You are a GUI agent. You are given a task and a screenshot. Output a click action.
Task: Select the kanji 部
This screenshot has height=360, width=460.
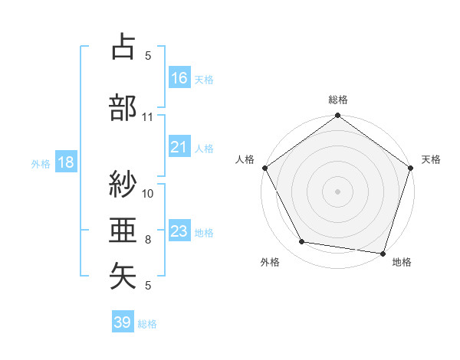pyautogui.click(x=123, y=107)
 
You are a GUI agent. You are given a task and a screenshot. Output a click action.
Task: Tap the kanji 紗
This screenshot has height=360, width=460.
pyautogui.click(x=123, y=185)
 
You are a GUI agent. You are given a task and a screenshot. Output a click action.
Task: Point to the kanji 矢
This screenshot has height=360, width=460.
pyautogui.click(x=123, y=277)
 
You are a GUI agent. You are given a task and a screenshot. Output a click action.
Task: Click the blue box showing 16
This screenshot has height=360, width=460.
pyautogui.click(x=179, y=78)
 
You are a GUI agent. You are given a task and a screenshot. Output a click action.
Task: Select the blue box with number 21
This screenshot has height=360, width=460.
pyautogui.click(x=179, y=147)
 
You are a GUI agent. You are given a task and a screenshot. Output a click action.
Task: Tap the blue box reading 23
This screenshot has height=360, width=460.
pyautogui.click(x=179, y=231)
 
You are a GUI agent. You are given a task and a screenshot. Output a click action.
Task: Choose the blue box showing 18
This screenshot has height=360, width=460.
pyautogui.click(x=65, y=162)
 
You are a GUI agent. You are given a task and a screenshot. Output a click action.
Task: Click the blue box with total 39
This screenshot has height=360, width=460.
pyautogui.click(x=123, y=322)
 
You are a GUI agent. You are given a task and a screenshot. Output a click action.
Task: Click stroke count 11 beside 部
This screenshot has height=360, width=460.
pyautogui.click(x=148, y=117)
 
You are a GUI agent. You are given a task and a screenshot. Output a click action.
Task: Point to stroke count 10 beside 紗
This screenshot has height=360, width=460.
pyautogui.click(x=148, y=193)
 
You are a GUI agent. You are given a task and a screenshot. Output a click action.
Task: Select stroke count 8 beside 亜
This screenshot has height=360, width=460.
pyautogui.click(x=148, y=240)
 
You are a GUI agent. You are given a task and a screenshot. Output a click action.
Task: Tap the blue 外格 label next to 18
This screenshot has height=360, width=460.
pyautogui.click(x=41, y=163)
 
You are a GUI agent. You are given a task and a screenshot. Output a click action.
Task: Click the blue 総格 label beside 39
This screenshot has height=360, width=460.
pyautogui.click(x=148, y=324)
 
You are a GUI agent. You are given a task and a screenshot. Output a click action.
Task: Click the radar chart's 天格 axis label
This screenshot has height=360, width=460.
pyautogui.click(x=432, y=159)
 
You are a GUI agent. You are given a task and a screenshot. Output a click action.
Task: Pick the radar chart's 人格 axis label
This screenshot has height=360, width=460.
pyautogui.click(x=245, y=159)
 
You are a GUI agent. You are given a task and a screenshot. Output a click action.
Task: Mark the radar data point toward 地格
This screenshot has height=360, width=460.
pyautogui.click(x=383, y=253)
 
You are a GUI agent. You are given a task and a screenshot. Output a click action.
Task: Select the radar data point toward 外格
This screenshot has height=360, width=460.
pyautogui.click(x=302, y=242)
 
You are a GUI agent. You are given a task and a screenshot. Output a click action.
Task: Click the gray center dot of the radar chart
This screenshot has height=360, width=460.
pyautogui.click(x=337, y=191)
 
